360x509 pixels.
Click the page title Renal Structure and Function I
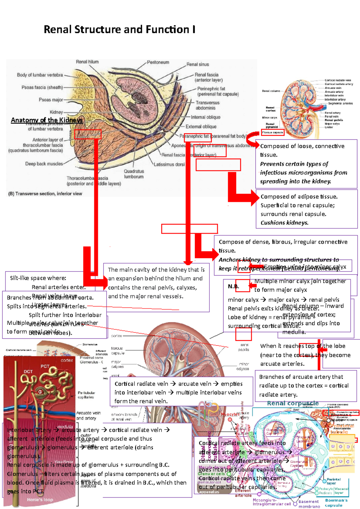pos(119,29)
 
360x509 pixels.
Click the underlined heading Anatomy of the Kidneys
pos(46,120)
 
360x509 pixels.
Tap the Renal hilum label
pos(87,62)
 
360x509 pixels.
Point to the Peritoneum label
pos(158,62)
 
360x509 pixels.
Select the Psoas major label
pos(51,100)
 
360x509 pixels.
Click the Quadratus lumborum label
pos(134,174)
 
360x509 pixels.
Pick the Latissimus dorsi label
pos(169,164)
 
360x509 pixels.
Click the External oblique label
pos(201,127)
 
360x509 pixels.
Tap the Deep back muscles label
pos(44,164)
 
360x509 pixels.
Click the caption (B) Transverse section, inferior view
pos(45,194)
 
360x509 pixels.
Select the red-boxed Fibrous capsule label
pos(272,132)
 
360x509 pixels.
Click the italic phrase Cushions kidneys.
pos(284,223)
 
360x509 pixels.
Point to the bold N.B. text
pos(233,286)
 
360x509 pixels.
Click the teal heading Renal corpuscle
pos(292,403)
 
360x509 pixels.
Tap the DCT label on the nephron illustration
pos(28,371)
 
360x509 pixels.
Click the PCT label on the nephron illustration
pos(45,366)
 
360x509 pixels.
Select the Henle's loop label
pos(40,499)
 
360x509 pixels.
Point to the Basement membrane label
pos(309,504)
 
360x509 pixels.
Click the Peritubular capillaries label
pos(86,395)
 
